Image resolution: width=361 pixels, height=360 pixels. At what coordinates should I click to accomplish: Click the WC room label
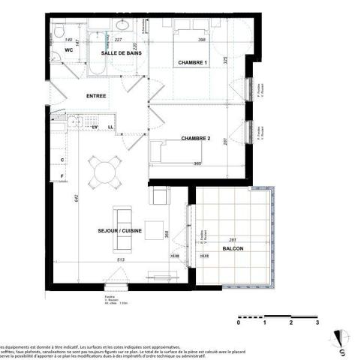[68, 50]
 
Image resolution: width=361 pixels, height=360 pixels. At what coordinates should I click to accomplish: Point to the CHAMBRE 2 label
[194, 139]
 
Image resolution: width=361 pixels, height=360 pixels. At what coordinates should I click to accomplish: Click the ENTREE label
[96, 96]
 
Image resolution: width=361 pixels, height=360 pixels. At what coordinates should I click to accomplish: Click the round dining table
[103, 172]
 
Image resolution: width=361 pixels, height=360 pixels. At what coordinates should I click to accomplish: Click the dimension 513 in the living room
[120, 262]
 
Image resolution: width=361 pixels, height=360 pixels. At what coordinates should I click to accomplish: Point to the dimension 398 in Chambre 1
[202, 40]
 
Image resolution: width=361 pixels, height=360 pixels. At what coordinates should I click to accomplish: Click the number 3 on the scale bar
[317, 323]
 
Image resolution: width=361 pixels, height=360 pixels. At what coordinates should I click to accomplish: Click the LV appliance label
[95, 127]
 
